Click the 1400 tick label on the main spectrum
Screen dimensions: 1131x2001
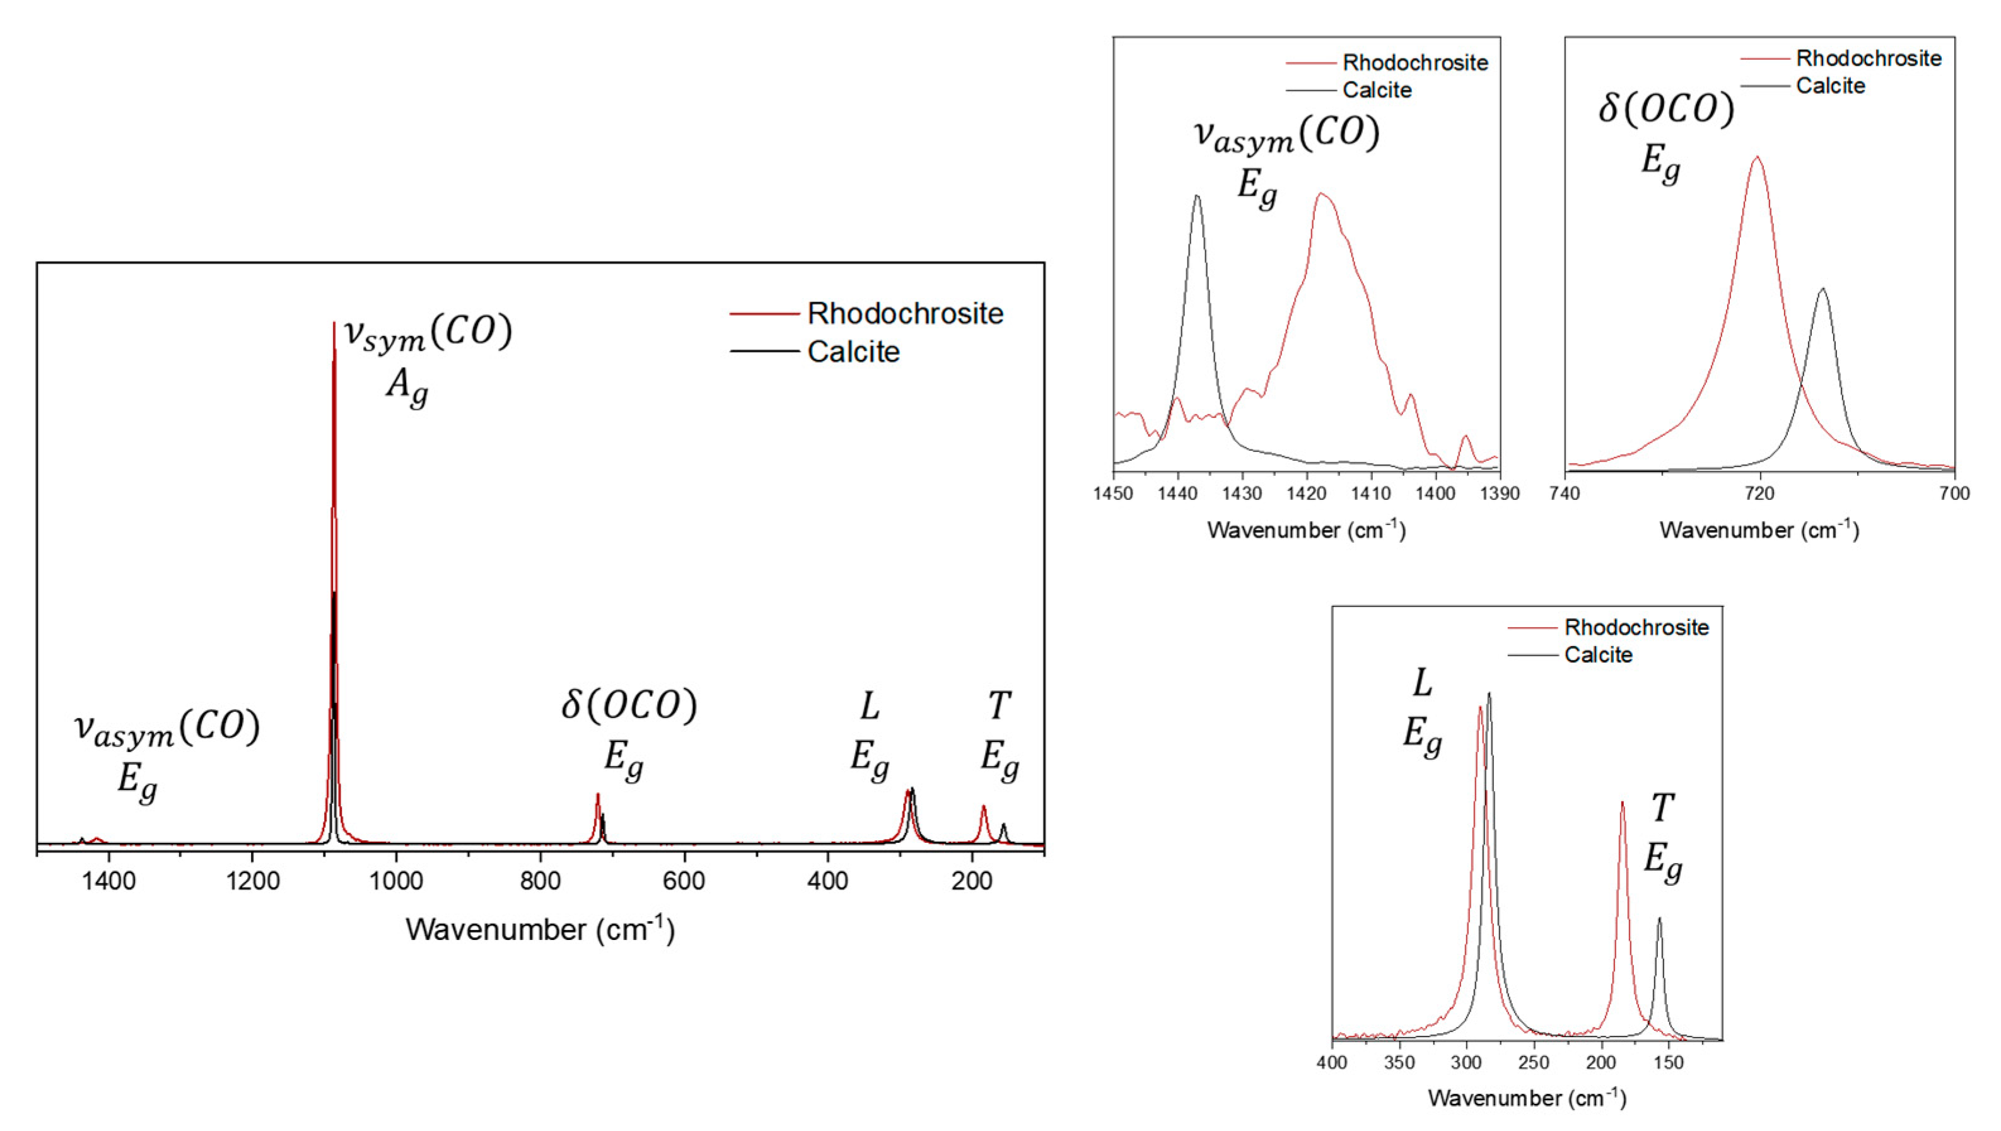click(x=108, y=881)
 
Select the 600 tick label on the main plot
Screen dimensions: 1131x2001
click(x=684, y=881)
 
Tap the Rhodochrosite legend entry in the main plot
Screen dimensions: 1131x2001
click(x=905, y=314)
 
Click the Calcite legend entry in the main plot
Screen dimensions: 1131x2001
click(x=853, y=352)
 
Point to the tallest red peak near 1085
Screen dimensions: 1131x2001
click(x=334, y=323)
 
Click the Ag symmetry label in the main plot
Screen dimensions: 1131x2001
click(x=407, y=385)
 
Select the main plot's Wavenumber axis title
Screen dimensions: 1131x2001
click(x=540, y=929)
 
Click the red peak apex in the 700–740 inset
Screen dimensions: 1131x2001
click(x=1757, y=157)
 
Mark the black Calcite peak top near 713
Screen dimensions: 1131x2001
click(x=1823, y=289)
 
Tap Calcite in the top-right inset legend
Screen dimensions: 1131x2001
click(x=1830, y=86)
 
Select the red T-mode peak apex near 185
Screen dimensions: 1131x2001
click(x=1622, y=803)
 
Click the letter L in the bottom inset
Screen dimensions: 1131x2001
click(x=1421, y=683)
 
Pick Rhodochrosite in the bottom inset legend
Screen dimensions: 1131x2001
click(x=1636, y=628)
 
